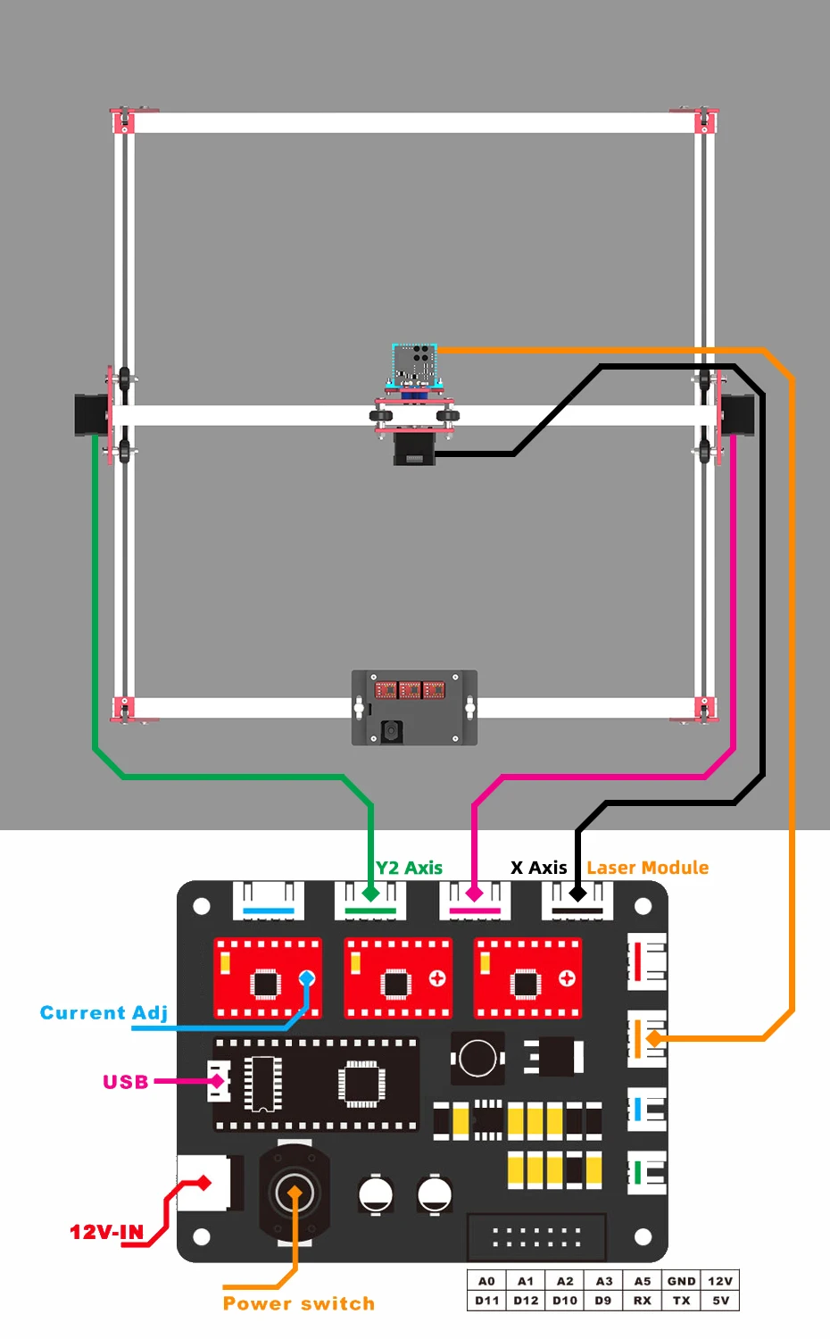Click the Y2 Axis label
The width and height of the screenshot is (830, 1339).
409,868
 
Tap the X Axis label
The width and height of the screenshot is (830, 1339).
538,868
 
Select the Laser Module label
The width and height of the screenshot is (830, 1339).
648,868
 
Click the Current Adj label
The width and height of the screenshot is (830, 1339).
104,1012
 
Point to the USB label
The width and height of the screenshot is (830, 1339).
126,1082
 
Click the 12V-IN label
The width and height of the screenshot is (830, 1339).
106,1233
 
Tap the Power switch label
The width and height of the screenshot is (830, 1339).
298,1303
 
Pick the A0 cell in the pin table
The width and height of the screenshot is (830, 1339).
486,1281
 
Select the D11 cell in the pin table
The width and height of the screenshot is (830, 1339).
486,1301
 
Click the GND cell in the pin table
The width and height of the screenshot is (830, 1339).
681,1281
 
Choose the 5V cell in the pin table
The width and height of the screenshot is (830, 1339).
720,1301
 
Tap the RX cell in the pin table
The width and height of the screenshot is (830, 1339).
642,1301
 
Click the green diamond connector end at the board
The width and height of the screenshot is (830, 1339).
370,893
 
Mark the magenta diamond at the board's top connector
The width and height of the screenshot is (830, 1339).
474,893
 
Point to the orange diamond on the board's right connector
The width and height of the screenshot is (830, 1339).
654,1038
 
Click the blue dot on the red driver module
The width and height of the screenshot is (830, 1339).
307,978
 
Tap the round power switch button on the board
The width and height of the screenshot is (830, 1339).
295,1193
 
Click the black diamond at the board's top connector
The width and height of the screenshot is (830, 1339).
577,893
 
